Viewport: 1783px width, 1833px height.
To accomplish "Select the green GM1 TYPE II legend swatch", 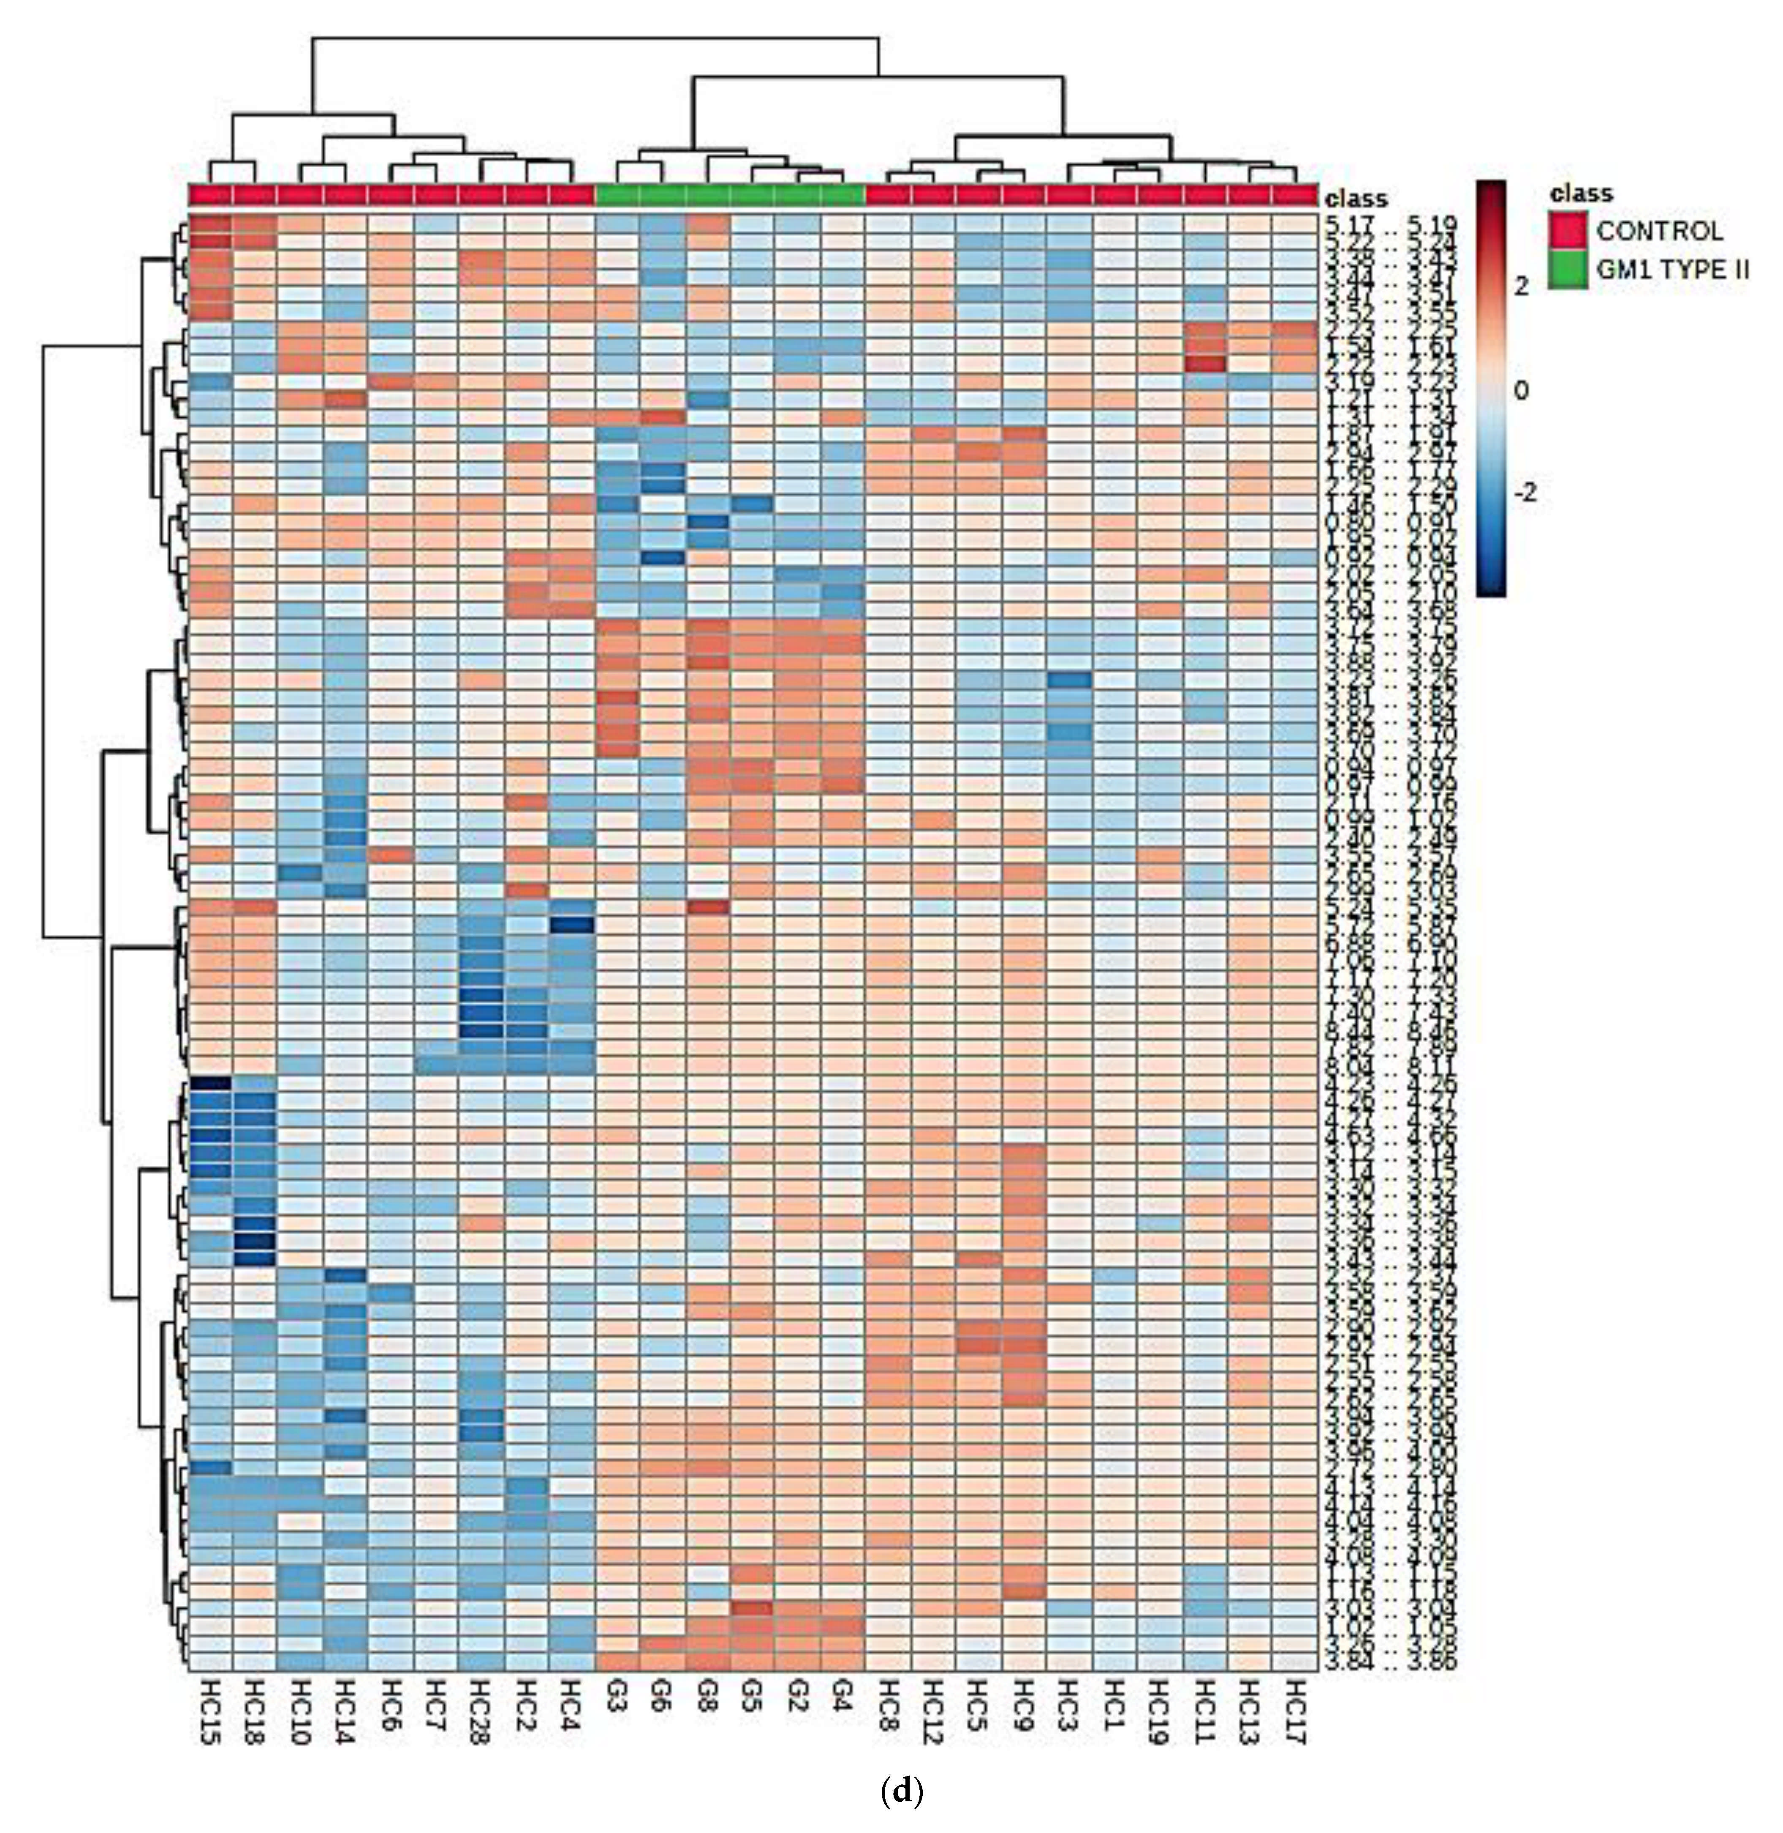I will [1568, 270].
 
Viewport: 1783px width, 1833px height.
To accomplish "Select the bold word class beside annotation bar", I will [1356, 199].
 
